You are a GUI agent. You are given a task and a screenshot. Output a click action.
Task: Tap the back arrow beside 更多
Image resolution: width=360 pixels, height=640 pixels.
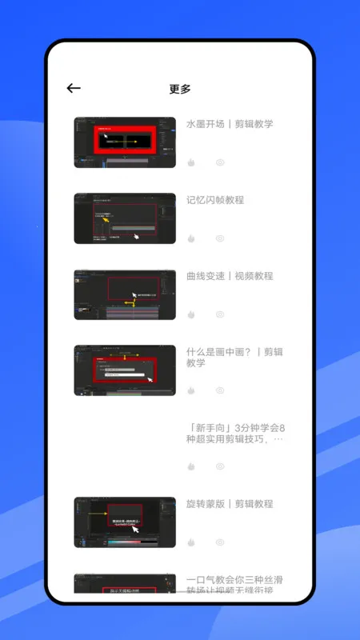coord(74,89)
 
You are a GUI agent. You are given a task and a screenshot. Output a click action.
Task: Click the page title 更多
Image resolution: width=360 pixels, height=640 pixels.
coord(180,89)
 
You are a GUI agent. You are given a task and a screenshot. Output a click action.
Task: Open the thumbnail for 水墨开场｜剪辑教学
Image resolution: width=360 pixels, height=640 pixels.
coord(125,142)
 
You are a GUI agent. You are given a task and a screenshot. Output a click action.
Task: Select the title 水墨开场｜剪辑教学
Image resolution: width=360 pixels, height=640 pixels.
coord(230,124)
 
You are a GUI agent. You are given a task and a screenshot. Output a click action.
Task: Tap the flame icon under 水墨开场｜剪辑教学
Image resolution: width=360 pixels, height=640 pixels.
coord(191,162)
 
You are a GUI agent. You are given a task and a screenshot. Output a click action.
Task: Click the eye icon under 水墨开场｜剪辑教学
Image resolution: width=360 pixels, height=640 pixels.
coord(220,162)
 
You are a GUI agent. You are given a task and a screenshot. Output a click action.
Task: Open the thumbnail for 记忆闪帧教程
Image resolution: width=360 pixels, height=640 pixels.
coord(125,218)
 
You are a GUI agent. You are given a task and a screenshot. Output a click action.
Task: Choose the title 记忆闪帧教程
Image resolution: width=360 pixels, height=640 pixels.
coord(215,200)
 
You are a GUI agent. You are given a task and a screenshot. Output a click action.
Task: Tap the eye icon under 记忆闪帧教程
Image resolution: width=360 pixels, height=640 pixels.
coord(220,238)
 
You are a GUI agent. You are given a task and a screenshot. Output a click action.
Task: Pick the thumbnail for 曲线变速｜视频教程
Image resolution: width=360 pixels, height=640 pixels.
coord(125,294)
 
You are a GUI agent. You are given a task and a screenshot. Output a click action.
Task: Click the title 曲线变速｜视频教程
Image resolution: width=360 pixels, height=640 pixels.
coord(230,276)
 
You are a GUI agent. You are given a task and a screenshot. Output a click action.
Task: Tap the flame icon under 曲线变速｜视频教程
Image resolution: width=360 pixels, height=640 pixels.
coord(191,314)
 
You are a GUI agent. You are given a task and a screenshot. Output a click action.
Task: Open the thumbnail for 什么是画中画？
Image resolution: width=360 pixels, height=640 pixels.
coord(125,370)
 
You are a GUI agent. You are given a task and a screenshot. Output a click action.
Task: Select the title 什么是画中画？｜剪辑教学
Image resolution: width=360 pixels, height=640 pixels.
coord(234,357)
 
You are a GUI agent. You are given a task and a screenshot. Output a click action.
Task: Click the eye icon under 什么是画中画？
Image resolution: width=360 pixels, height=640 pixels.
coord(220,390)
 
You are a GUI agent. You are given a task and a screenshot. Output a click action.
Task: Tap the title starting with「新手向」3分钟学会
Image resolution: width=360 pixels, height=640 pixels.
coord(234,433)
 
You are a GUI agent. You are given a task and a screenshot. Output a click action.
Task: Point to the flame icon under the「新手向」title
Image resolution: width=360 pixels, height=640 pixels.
coord(191,466)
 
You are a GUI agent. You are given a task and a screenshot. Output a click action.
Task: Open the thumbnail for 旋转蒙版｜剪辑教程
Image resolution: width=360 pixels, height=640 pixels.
coord(125,522)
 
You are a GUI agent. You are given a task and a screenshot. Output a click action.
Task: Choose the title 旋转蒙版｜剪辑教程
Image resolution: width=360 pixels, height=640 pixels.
coord(230,504)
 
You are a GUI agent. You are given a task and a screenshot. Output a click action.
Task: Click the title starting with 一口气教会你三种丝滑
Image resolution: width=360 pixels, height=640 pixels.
coord(234,585)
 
